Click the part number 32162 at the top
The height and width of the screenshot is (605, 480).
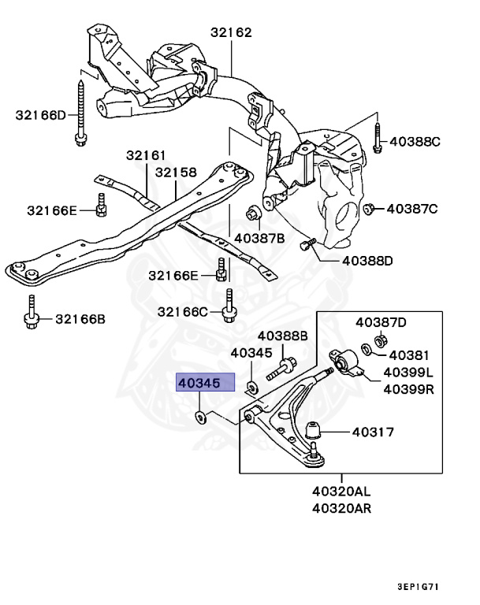point(231,33)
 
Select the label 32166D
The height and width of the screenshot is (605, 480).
point(41,115)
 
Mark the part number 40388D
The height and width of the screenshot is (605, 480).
point(367,261)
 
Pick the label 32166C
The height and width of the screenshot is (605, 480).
point(183,312)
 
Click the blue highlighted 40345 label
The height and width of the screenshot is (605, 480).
point(205,383)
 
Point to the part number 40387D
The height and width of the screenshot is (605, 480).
point(381,322)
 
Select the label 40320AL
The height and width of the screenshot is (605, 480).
point(341,491)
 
